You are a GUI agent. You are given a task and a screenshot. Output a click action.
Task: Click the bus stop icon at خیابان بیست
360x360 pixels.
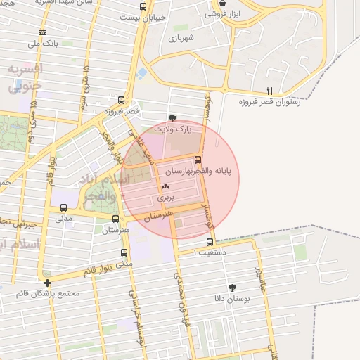tap(143, 7)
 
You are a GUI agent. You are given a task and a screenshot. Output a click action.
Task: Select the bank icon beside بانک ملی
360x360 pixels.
tap(43, 32)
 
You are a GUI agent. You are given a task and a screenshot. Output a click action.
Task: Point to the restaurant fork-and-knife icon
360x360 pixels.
tap(269, 91)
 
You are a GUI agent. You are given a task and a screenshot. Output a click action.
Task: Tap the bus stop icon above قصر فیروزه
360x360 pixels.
tap(122, 101)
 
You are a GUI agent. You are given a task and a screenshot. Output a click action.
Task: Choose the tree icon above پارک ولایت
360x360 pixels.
tap(173, 118)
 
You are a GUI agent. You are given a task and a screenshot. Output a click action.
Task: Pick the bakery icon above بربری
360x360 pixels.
tap(166, 187)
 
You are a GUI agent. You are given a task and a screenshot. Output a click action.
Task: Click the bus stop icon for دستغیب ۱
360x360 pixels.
tap(210, 241)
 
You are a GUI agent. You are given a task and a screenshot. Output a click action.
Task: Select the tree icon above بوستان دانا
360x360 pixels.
tap(232, 287)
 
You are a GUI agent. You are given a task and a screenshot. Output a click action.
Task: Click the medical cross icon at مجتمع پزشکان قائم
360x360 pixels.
tap(47, 283)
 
